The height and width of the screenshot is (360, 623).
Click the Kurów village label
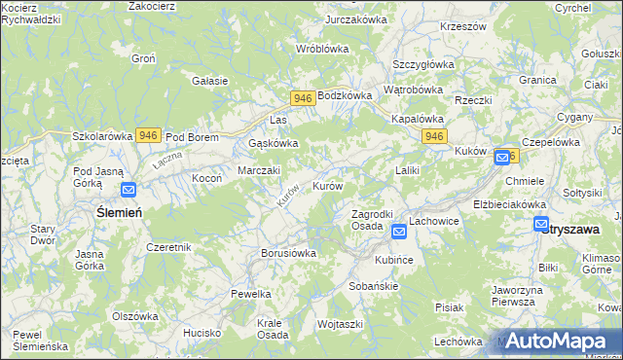tap(327, 185)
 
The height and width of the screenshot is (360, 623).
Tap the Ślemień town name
tap(119, 212)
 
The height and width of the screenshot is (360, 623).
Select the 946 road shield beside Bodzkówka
tap(302, 98)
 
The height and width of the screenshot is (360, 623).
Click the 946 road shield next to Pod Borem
tap(148, 136)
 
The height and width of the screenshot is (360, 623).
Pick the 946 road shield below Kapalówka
tap(434, 137)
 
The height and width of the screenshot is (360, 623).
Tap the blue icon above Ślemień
tap(128, 192)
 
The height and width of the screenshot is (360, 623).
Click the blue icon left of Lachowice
tap(398, 232)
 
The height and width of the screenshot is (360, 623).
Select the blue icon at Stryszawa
tap(541, 225)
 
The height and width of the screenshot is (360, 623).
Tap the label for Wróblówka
tap(322, 48)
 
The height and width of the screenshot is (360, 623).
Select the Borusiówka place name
tap(289, 253)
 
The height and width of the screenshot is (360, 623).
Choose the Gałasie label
tap(209, 81)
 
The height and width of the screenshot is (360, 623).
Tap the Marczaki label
tap(259, 170)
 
